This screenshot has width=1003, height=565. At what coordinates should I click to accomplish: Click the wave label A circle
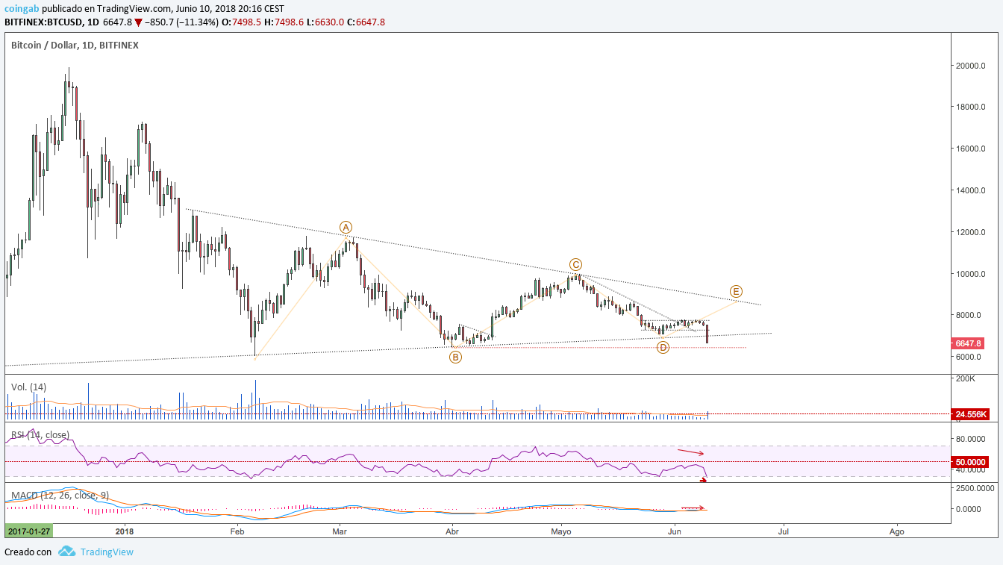346,228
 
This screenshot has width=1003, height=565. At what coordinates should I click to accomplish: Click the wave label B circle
455,358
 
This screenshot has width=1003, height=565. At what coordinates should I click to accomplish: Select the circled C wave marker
575,265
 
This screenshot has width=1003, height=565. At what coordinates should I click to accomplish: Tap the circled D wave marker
663,347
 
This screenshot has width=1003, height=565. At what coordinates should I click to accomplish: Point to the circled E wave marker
736,291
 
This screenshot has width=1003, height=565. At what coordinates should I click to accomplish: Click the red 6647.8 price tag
968,343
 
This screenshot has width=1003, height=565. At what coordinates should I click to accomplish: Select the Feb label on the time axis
237,531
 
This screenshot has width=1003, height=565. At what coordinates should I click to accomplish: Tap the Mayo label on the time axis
561,531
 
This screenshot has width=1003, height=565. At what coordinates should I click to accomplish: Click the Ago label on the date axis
896,531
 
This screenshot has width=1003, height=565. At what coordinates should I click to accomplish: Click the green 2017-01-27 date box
28,531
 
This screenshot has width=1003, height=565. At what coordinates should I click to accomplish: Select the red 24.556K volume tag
970,414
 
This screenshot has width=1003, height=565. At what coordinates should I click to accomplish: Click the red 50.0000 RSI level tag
970,462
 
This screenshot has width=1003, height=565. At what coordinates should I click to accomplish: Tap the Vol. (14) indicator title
28,387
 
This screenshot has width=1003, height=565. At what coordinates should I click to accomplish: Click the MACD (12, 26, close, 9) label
60,495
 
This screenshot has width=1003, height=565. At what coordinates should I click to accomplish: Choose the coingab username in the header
22,9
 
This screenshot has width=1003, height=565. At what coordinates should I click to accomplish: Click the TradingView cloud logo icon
66,551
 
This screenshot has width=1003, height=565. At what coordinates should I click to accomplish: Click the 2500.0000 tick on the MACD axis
975,488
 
